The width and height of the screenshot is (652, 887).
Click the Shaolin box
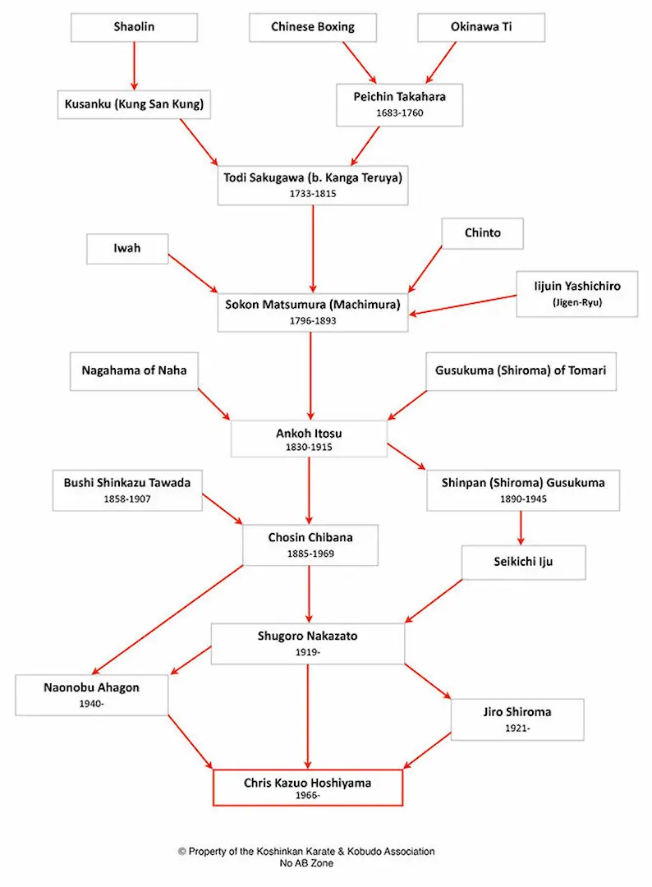click(134, 27)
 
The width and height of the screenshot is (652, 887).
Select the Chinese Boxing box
click(313, 27)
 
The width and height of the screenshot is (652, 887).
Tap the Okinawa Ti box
click(481, 27)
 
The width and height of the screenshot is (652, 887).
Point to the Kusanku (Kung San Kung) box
click(134, 104)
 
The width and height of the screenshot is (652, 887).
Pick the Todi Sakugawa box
click(313, 184)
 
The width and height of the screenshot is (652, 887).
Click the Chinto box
click(482, 232)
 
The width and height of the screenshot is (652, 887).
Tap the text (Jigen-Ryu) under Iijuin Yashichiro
click(576, 301)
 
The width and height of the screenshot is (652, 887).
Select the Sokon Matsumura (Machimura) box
click(312, 311)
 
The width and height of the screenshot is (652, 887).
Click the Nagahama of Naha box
click(134, 370)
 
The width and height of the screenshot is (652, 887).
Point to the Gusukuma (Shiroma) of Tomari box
click(521, 370)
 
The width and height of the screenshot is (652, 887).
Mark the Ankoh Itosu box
click(309, 439)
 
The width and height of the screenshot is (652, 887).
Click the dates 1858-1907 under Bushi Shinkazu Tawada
click(127, 499)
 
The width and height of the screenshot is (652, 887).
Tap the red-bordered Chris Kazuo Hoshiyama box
click(308, 788)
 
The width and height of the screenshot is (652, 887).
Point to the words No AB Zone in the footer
click(307, 864)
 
